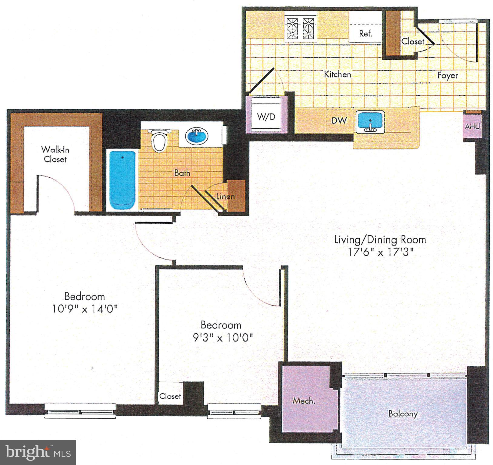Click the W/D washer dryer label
click(266, 117)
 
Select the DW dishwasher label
click(339, 120)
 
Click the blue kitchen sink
click(370, 120)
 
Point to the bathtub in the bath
click(122, 180)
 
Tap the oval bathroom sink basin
click(196, 136)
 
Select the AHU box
click(472, 126)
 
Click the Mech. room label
click(304, 401)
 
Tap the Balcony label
click(403, 413)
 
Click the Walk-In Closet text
click(55, 154)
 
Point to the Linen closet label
click(225, 196)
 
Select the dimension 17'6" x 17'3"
click(380, 252)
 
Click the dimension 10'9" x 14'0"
click(85, 309)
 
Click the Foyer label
click(447, 75)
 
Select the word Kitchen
click(337, 74)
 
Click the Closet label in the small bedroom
click(170, 396)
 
